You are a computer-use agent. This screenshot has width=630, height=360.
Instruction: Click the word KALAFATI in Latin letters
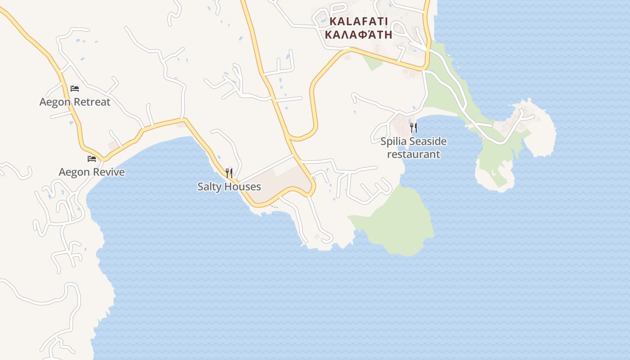(x=358, y=21)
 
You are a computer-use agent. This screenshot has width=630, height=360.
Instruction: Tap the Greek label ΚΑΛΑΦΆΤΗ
(x=358, y=35)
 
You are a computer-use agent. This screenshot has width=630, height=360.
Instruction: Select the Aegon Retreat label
(x=75, y=102)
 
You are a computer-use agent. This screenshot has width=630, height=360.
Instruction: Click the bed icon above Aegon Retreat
(x=75, y=89)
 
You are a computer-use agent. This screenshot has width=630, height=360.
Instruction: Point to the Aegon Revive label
(x=92, y=172)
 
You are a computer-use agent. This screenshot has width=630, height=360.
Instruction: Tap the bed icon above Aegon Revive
(x=92, y=159)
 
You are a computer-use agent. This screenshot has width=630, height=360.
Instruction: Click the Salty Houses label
(x=229, y=186)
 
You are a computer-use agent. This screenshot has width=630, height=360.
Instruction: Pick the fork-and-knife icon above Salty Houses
(x=229, y=173)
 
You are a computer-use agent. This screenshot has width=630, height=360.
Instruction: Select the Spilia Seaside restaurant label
(x=414, y=148)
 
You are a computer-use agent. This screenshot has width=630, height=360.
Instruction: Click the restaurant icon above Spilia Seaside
(x=414, y=128)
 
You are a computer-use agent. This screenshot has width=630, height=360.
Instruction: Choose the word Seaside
(x=428, y=142)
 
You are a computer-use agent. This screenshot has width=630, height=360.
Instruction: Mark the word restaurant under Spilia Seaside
(x=414, y=154)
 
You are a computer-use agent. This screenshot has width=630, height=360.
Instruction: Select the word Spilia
(x=393, y=142)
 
